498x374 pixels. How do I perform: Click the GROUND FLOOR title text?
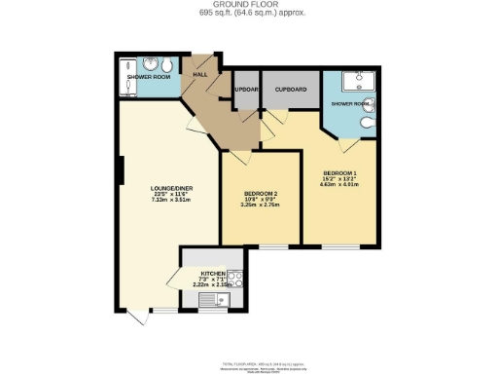pyautogui.click(x=248, y=5)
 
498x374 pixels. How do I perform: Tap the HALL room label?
pyautogui.click(x=200, y=74)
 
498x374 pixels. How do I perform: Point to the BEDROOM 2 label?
pyautogui.click(x=260, y=193)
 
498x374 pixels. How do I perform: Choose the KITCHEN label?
pyautogui.click(x=213, y=274)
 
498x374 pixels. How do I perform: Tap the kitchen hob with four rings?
pyautogui.click(x=233, y=279)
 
